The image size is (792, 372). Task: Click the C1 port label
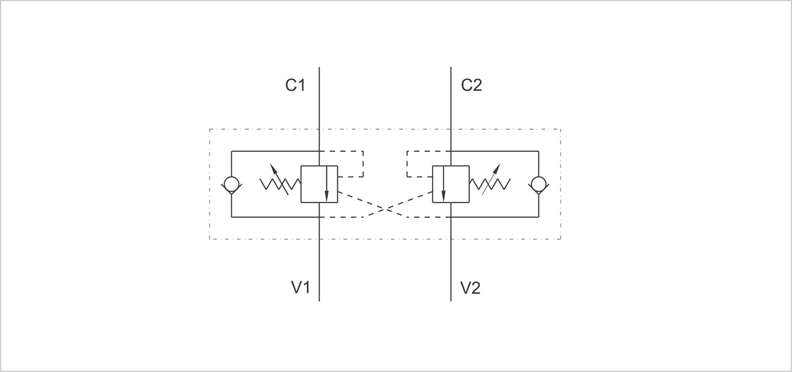pyautogui.click(x=295, y=85)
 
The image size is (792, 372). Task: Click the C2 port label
pyautogui.click(x=471, y=85)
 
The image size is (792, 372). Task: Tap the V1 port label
pyautogui.click(x=299, y=287)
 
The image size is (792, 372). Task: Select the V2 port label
pyautogui.click(x=470, y=287)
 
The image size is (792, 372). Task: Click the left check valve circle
pyautogui.click(x=232, y=184)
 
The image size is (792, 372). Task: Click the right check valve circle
pyautogui.click(x=539, y=184)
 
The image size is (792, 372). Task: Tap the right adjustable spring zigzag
pyautogui.click(x=490, y=184)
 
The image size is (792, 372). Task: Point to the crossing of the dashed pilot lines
pyautogui.click(x=385, y=209)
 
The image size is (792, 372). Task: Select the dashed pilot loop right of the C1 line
pyautogui.click(x=363, y=163)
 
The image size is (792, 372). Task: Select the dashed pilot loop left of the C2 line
pyautogui.click(x=407, y=163)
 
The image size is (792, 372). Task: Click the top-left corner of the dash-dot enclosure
pyautogui.click(x=210, y=129)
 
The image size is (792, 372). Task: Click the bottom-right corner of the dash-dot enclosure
pyautogui.click(x=560, y=238)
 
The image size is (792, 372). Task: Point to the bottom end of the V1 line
pyautogui.click(x=319, y=300)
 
